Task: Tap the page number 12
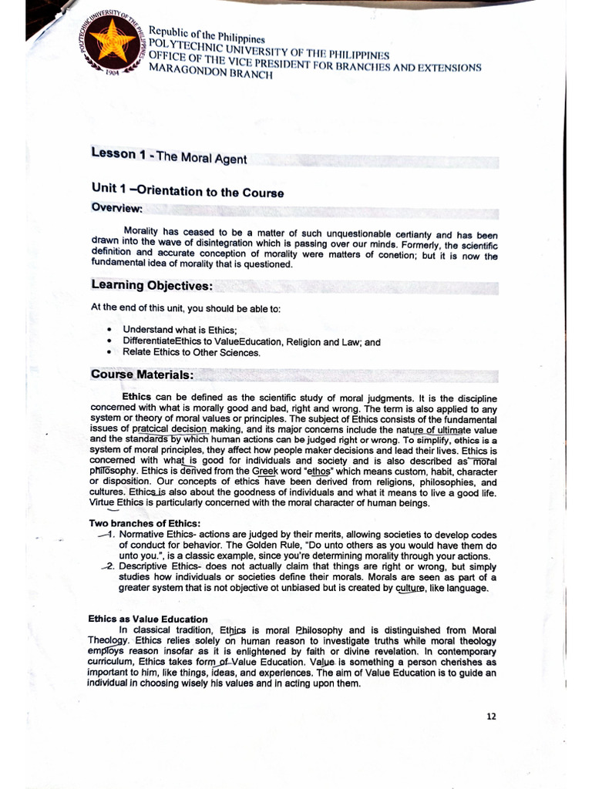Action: point(491,716)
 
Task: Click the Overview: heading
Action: point(116,208)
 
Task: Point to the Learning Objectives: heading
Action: point(151,286)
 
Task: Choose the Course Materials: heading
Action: point(141,375)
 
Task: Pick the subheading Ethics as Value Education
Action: point(147,619)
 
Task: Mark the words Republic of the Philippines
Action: point(207,35)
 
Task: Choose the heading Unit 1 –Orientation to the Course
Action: point(187,192)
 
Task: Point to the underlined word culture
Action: point(410,588)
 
